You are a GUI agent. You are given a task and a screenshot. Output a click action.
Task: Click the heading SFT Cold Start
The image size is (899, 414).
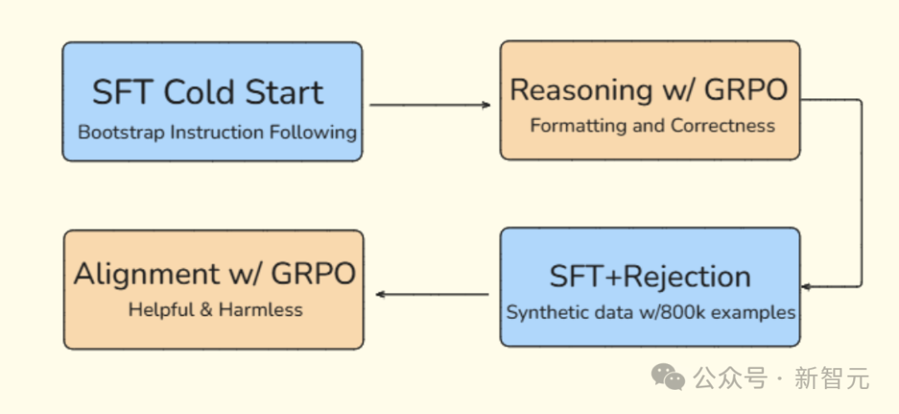[x=208, y=92]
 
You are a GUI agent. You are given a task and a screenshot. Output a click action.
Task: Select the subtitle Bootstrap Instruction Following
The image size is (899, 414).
[x=217, y=132]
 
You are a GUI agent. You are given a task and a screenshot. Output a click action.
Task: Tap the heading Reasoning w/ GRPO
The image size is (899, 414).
[x=649, y=90]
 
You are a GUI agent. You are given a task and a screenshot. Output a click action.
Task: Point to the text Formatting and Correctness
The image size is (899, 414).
[x=653, y=126]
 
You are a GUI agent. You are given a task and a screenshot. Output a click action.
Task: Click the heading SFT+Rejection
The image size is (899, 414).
[x=650, y=277]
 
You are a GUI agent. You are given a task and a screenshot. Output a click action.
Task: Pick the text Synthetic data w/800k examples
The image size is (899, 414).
[x=651, y=312]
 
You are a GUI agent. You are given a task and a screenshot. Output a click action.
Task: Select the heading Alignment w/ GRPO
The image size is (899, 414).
[x=215, y=274]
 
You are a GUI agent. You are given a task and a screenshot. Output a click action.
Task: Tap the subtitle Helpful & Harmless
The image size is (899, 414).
[x=216, y=310]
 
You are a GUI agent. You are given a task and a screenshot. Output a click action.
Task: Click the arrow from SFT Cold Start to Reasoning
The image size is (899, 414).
[x=430, y=105]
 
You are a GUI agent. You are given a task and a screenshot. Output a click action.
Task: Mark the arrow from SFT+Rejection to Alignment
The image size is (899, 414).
[x=432, y=295]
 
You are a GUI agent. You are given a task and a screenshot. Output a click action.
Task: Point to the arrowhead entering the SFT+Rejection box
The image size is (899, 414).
[x=806, y=286]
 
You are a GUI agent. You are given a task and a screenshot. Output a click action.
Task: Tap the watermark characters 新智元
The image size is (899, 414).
[x=832, y=379]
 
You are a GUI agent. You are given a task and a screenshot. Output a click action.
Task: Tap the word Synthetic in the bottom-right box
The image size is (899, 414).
[x=543, y=312]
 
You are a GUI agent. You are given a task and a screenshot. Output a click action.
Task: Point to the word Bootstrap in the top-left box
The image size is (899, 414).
[x=121, y=133]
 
